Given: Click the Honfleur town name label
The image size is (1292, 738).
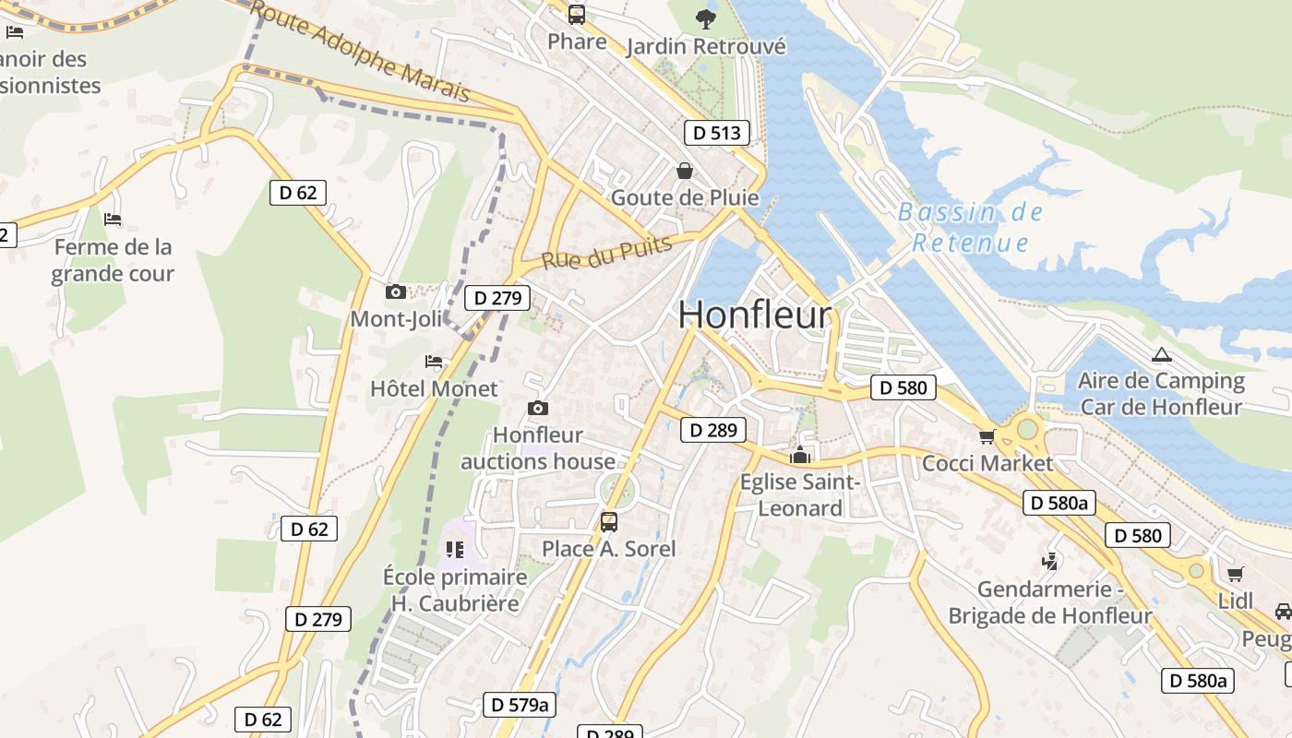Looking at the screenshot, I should coord(755,315).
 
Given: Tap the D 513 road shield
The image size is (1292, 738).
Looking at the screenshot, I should coord(717,133).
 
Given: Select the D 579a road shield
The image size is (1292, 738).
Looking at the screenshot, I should coord(520,706).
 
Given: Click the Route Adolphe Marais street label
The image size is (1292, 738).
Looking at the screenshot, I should coord(360,51).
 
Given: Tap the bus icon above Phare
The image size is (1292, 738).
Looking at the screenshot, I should coord(577,15).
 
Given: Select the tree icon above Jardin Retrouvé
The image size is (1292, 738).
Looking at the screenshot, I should coord(706,18).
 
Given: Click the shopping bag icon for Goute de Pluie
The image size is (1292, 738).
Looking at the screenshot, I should coord(685,171).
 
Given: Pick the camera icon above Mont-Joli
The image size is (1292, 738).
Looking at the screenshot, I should coord(396,292).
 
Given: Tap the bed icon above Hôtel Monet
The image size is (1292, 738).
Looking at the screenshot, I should coord(434,362).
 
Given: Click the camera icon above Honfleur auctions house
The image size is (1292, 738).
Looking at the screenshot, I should coord(538,408).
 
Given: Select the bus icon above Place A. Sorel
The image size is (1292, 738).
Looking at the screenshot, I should coord(609,522).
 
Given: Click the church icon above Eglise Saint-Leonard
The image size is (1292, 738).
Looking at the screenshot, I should coord(799,455).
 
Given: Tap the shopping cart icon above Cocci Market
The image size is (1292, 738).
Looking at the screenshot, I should coord(987,436).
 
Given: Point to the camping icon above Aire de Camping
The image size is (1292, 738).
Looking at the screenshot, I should coord(1161,354).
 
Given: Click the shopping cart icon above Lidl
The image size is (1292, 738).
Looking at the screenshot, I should coord(1236,574).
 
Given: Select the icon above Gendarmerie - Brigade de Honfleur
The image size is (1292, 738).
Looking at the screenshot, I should coord(1049,561).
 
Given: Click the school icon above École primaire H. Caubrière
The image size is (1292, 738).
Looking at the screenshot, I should coord(455,550).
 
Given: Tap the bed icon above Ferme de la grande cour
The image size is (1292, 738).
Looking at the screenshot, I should coord(113,220).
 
